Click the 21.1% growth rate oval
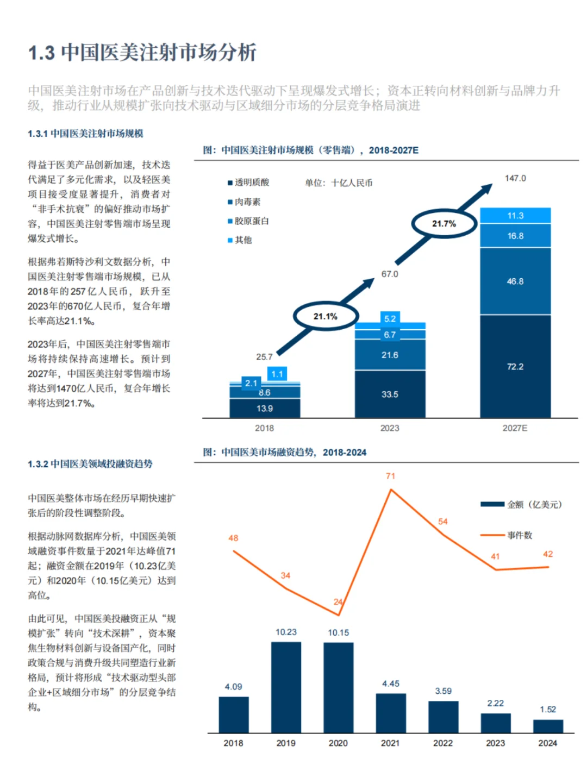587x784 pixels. point(326,316)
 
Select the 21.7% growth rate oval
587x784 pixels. point(444,223)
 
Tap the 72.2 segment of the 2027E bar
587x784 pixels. point(515,367)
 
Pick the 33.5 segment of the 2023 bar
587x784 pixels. point(390,394)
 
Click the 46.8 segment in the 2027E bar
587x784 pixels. point(515,281)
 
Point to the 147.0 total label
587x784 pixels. point(515,178)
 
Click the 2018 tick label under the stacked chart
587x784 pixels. point(264,428)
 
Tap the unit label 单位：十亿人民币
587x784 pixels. point(339,183)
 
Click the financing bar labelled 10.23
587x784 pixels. point(286,687)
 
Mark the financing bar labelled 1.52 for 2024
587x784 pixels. point(548,726)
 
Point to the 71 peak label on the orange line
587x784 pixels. point(390,476)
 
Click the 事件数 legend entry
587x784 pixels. point(520,535)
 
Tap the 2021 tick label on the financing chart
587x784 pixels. point(390,743)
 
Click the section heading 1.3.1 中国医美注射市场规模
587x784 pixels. point(85,134)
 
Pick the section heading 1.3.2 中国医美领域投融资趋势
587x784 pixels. point(90,464)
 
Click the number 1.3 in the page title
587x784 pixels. point(41,53)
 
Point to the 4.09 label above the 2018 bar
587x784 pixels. point(233,687)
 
